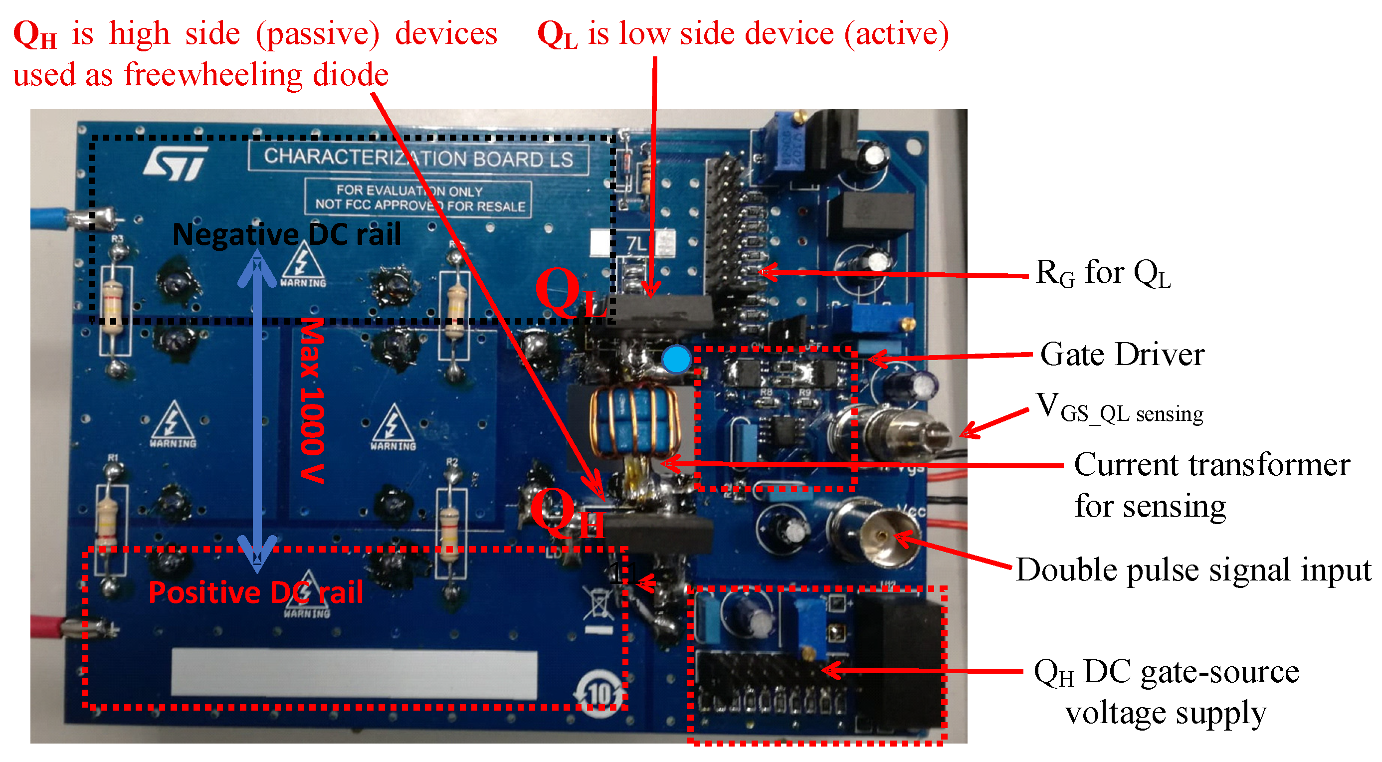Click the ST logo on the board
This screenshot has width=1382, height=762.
tap(176, 163)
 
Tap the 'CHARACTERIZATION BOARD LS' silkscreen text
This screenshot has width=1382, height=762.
tap(418, 158)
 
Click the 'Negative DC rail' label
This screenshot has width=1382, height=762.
tap(286, 234)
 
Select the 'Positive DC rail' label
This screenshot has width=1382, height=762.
tap(255, 592)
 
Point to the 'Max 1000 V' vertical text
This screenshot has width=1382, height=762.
tap(312, 400)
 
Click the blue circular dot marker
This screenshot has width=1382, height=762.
tap(676, 359)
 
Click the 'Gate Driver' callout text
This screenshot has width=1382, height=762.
tap(1122, 355)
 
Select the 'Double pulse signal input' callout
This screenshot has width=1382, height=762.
tap(1192, 570)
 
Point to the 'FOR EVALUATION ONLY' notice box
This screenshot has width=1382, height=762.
tap(418, 198)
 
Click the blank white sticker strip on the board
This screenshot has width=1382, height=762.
tap(354, 673)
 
